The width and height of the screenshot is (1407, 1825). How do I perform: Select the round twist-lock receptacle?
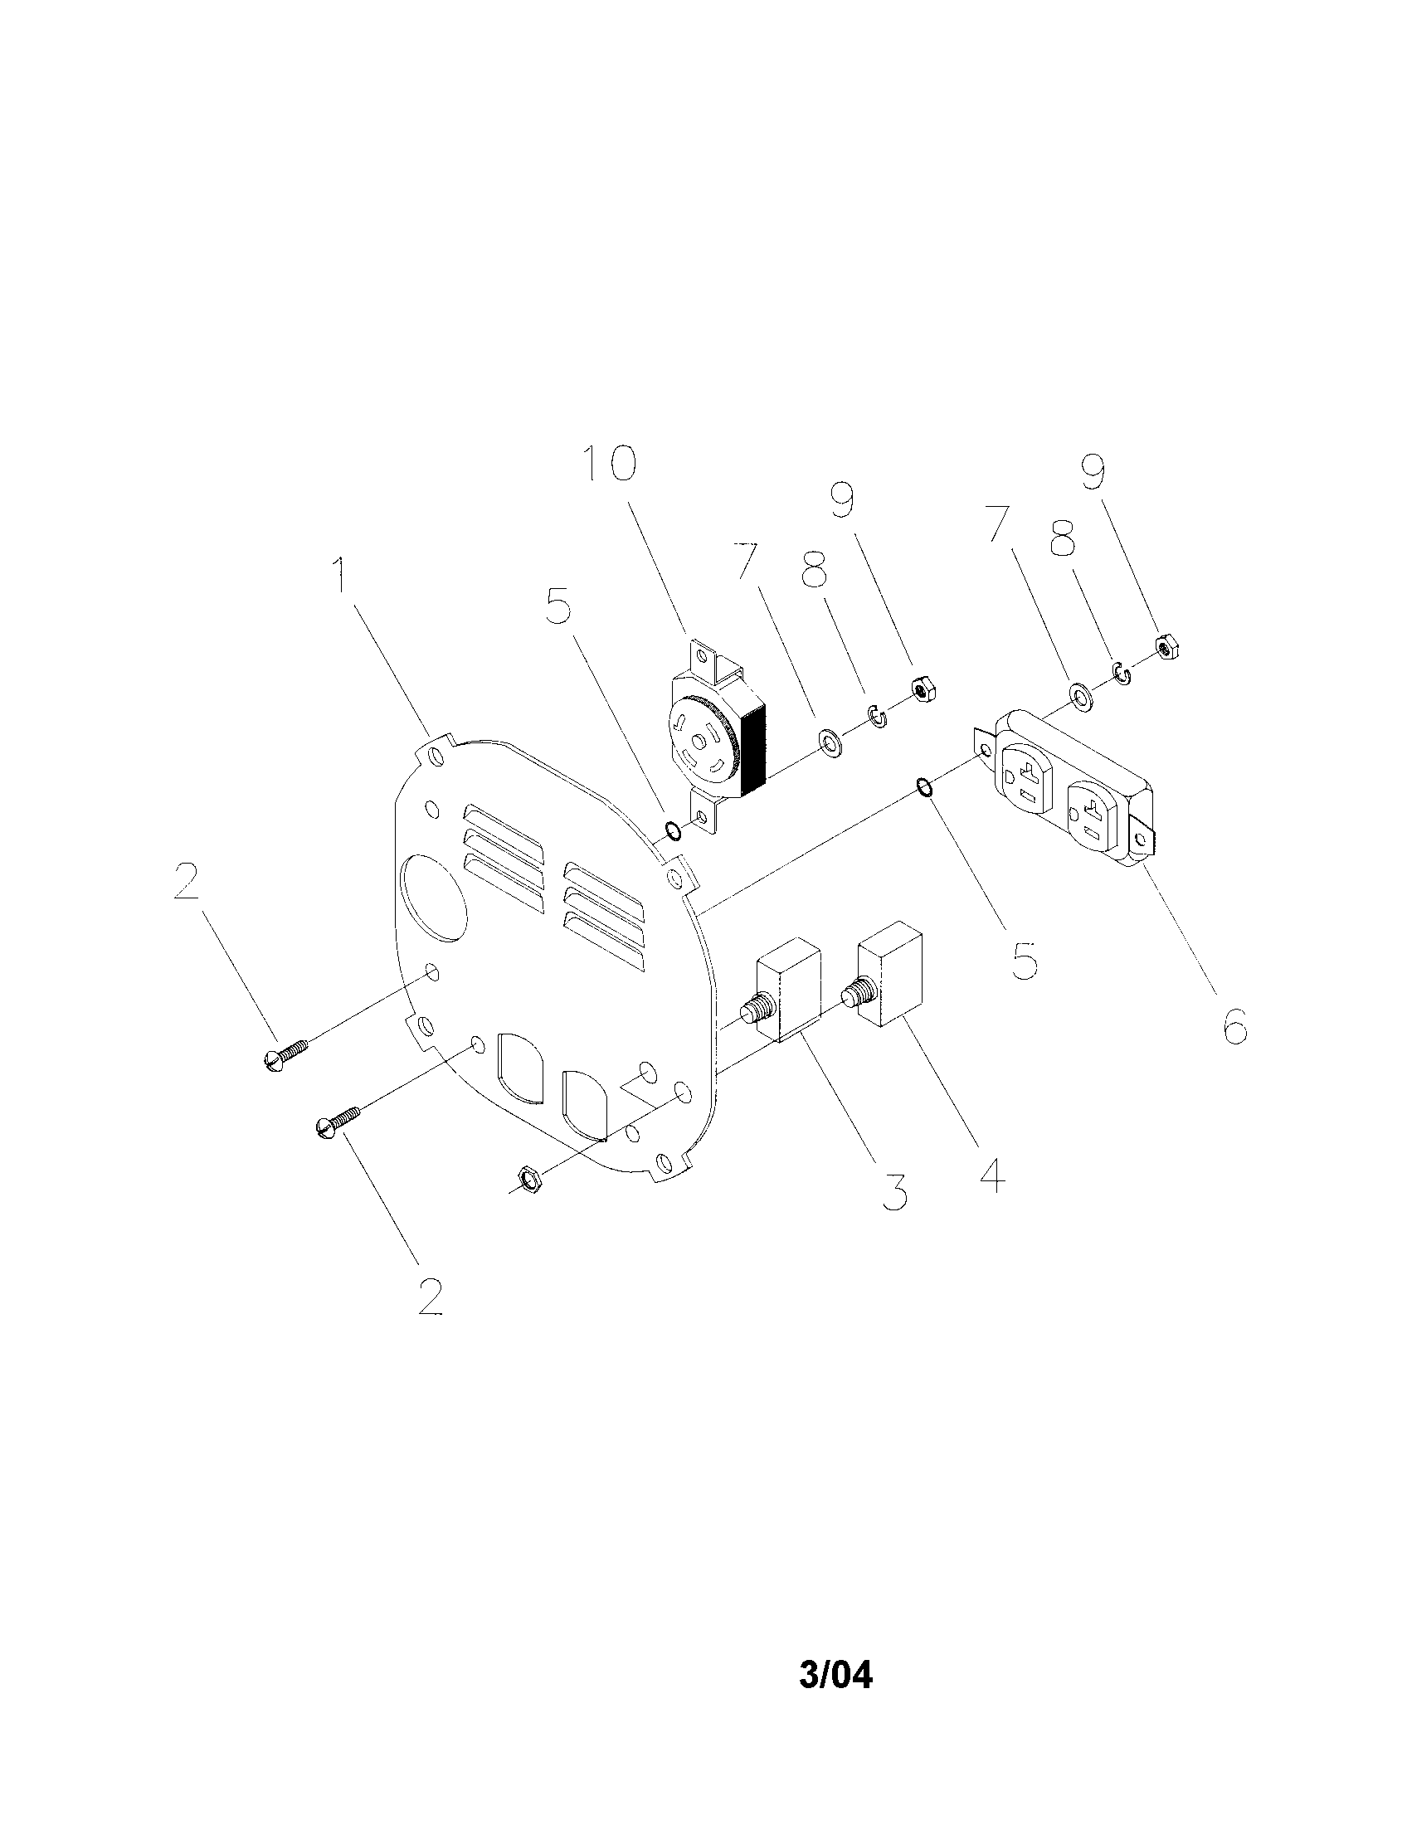tap(718, 735)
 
